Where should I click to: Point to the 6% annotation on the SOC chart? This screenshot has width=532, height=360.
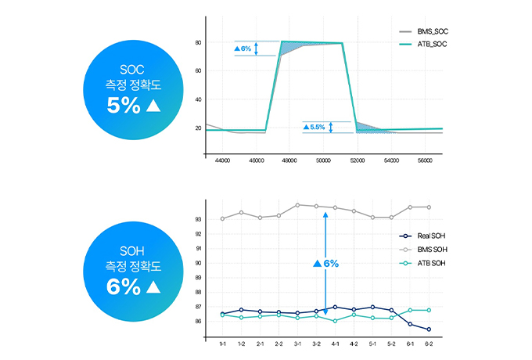click(243, 49)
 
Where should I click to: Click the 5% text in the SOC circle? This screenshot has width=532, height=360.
click(124, 106)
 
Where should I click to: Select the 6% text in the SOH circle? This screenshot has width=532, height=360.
click(124, 286)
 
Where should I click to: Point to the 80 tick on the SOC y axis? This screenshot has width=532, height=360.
click(199, 42)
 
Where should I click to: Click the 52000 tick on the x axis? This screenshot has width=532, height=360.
click(358, 160)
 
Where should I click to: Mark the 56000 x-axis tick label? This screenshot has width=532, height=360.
click(425, 160)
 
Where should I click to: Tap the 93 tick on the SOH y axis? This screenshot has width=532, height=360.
click(199, 219)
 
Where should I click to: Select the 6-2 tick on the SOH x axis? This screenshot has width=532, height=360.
click(429, 344)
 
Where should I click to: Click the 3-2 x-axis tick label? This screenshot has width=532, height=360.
click(316, 344)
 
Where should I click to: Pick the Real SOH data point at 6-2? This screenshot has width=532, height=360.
click(429, 329)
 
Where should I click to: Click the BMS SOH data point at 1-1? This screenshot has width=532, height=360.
click(222, 218)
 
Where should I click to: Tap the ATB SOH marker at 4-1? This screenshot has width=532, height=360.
click(335, 321)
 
